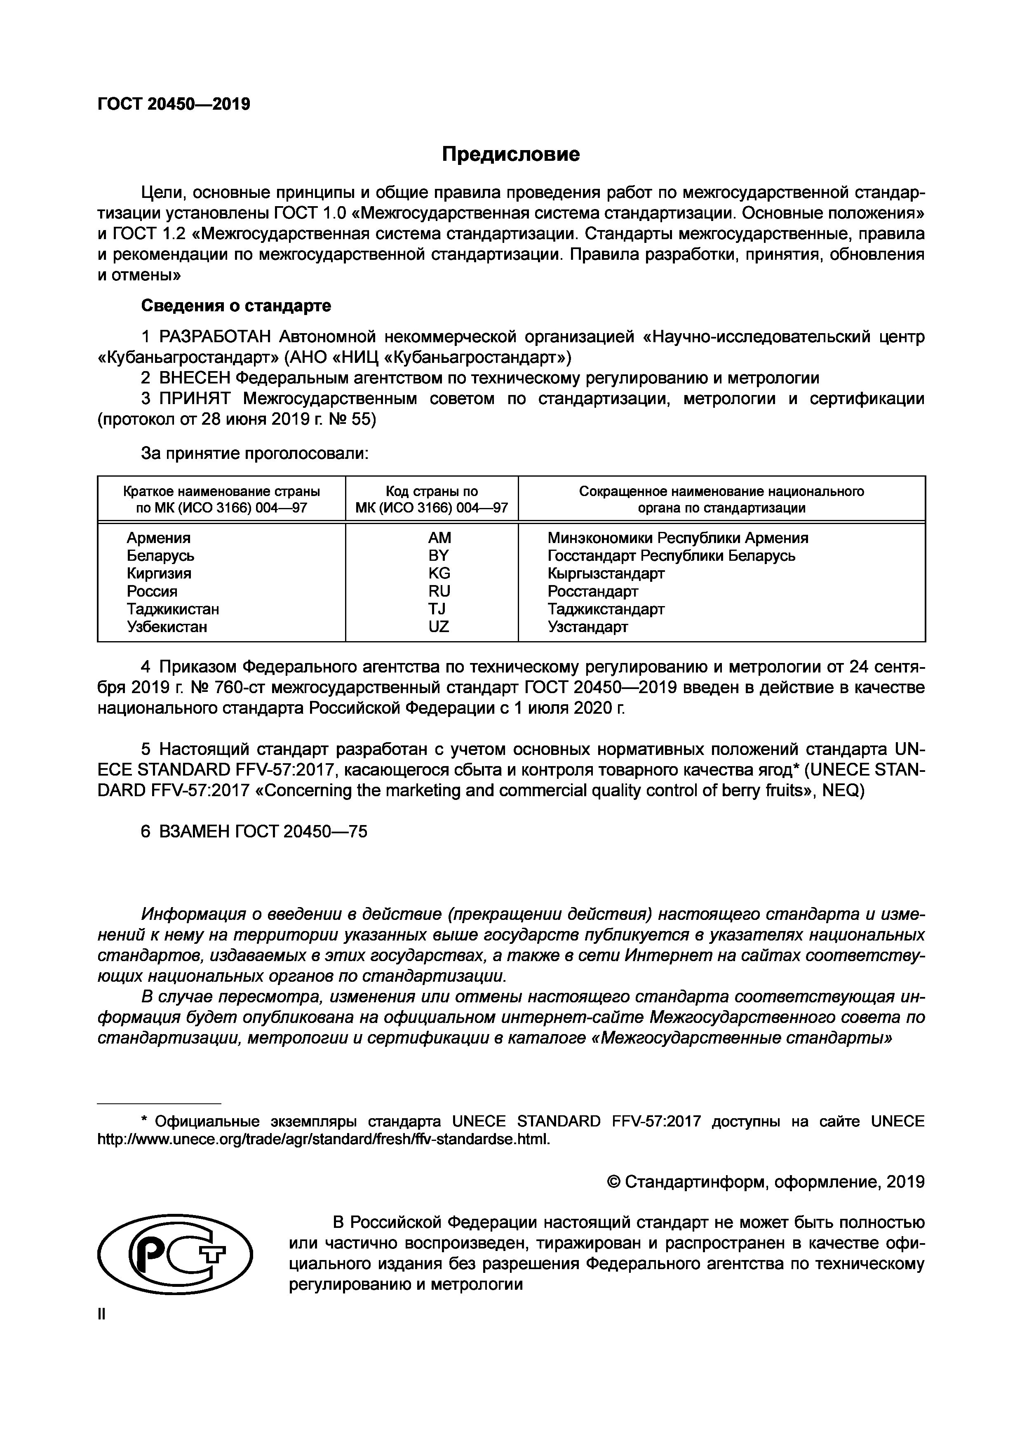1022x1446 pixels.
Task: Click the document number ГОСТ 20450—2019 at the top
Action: click(174, 104)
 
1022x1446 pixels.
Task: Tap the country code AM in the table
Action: click(439, 538)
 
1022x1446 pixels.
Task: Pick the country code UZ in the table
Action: click(439, 627)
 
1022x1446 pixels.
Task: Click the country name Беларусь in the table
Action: click(160, 555)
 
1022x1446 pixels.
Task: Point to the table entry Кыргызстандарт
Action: click(606, 573)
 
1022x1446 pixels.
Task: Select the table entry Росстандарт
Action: click(592, 591)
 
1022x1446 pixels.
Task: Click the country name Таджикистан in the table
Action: click(173, 609)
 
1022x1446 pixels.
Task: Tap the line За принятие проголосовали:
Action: click(254, 453)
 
